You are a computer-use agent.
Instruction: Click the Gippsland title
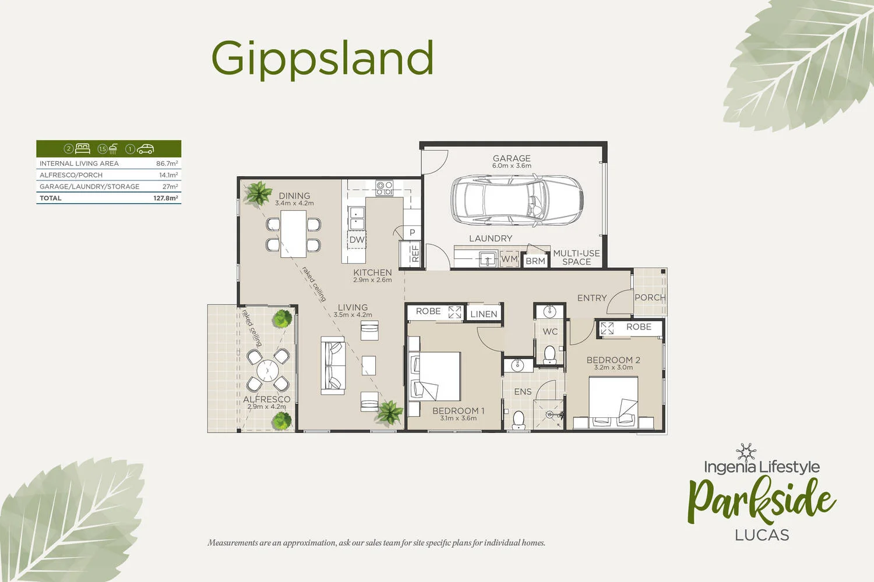tap(322, 59)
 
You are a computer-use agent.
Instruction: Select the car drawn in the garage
tap(516, 200)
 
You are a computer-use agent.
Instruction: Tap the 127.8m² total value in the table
tap(165, 198)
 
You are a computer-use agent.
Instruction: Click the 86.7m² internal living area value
tap(167, 164)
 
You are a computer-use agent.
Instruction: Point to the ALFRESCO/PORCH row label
tap(71, 175)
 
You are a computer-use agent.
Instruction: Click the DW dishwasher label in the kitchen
tap(357, 240)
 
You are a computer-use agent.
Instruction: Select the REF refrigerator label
tap(415, 254)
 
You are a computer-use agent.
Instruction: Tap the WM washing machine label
tap(509, 259)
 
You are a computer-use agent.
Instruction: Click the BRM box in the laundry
tap(535, 261)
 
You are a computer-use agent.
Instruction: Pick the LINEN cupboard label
tap(484, 314)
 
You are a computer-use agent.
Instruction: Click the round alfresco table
tap(267, 370)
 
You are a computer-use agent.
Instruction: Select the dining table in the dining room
tap(294, 233)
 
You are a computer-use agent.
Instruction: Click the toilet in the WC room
tap(549, 354)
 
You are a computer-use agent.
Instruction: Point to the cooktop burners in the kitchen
tap(384, 188)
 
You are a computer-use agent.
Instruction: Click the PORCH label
tap(650, 297)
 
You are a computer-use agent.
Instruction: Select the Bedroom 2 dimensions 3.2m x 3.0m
tap(613, 368)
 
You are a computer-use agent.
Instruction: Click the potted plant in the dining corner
tap(257, 193)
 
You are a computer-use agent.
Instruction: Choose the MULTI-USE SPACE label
tap(576, 257)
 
